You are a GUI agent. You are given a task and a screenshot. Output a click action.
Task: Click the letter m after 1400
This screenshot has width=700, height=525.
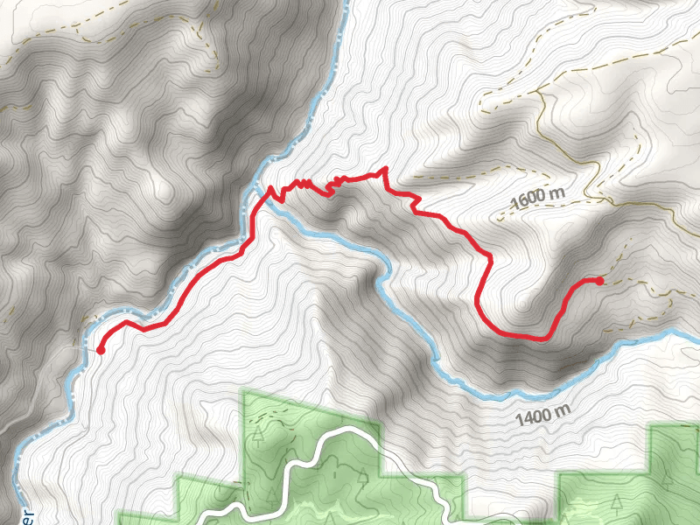(x=563, y=411)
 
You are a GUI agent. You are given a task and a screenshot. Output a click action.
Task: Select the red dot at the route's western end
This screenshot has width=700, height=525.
(x=101, y=350)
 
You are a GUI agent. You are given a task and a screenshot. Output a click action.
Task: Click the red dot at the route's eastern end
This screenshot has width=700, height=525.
(x=599, y=281)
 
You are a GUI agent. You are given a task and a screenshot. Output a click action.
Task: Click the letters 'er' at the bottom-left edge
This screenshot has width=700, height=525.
(x=29, y=516)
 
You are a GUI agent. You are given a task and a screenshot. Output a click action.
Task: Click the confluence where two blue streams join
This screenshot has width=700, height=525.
(x=255, y=188)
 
